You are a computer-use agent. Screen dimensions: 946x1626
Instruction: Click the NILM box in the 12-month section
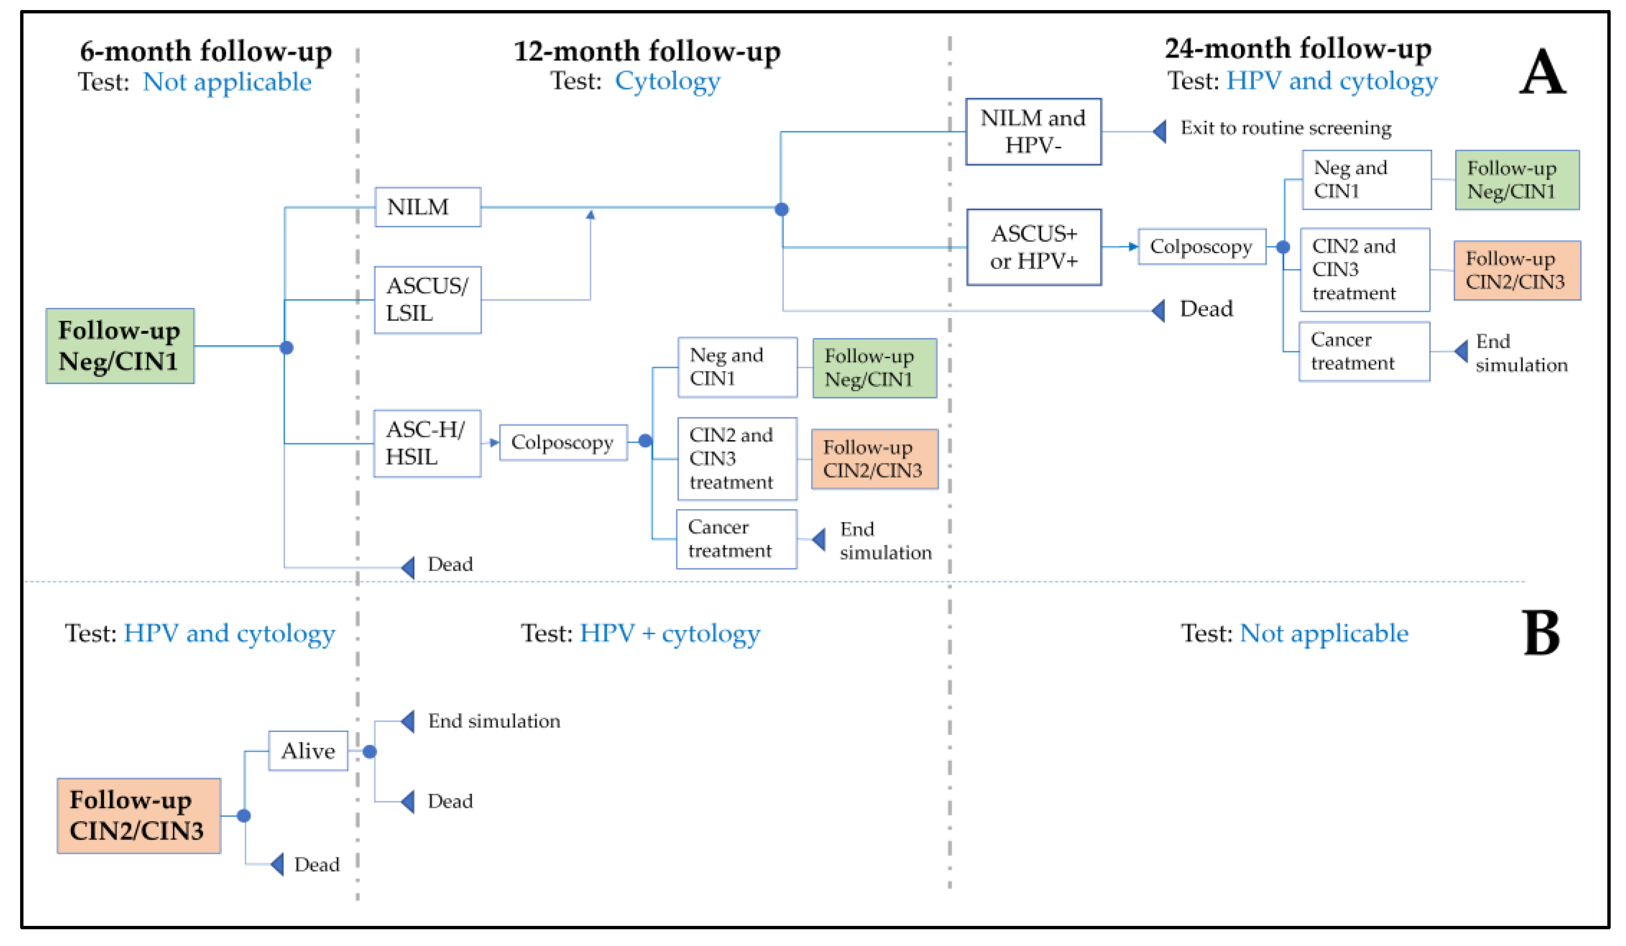click(x=428, y=207)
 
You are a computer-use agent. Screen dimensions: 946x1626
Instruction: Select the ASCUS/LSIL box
click(x=428, y=300)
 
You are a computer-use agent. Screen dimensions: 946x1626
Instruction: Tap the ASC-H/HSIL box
click(x=427, y=444)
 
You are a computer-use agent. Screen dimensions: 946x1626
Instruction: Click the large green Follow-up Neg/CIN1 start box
click(x=120, y=346)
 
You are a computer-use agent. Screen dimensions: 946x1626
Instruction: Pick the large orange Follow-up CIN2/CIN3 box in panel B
click(x=139, y=816)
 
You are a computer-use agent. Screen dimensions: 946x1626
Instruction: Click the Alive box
click(x=308, y=751)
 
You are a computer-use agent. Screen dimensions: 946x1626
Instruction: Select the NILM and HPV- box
click(x=1033, y=132)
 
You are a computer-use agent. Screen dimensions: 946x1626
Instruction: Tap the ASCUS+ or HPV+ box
click(x=1034, y=247)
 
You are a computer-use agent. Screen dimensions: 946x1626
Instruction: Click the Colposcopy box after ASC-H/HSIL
click(x=563, y=442)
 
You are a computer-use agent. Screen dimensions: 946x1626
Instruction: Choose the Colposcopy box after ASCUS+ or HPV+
click(x=1202, y=247)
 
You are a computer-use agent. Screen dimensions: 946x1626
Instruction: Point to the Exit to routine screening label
click(x=1285, y=128)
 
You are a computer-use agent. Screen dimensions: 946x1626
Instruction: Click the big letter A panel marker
click(x=1542, y=72)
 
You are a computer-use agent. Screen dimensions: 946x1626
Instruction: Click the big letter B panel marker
click(x=1542, y=633)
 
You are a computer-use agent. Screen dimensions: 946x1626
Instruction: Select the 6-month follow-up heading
click(x=206, y=51)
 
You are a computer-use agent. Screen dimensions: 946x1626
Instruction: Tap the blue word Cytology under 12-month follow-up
click(x=667, y=81)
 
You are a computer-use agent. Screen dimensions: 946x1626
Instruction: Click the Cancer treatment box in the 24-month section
click(x=1364, y=351)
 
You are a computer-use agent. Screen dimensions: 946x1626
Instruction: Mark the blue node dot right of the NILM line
click(x=781, y=209)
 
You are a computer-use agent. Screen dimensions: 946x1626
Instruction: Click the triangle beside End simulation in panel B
click(x=408, y=721)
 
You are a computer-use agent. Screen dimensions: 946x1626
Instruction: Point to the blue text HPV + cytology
click(x=670, y=633)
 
